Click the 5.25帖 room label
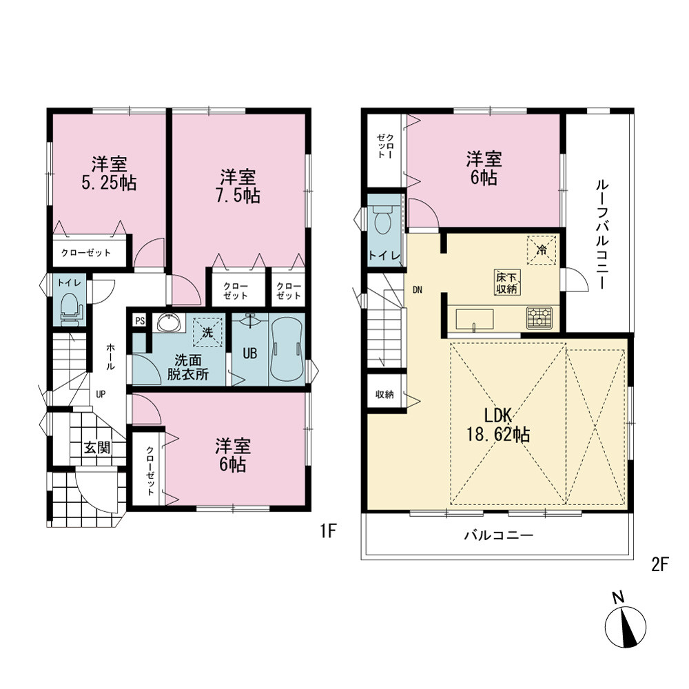(x=109, y=174)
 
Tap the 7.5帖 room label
(x=238, y=187)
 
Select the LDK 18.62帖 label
(x=498, y=425)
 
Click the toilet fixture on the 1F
(x=70, y=309)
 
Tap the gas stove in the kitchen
(x=539, y=318)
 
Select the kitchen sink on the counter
(x=475, y=320)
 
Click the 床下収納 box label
(x=508, y=282)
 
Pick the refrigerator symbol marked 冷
(x=542, y=250)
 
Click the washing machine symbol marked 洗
(x=207, y=332)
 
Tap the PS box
(x=140, y=321)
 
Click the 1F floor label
(x=328, y=532)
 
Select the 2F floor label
(x=659, y=565)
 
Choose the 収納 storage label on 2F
(x=384, y=395)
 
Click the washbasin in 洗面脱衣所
(x=169, y=323)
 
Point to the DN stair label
(x=418, y=289)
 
